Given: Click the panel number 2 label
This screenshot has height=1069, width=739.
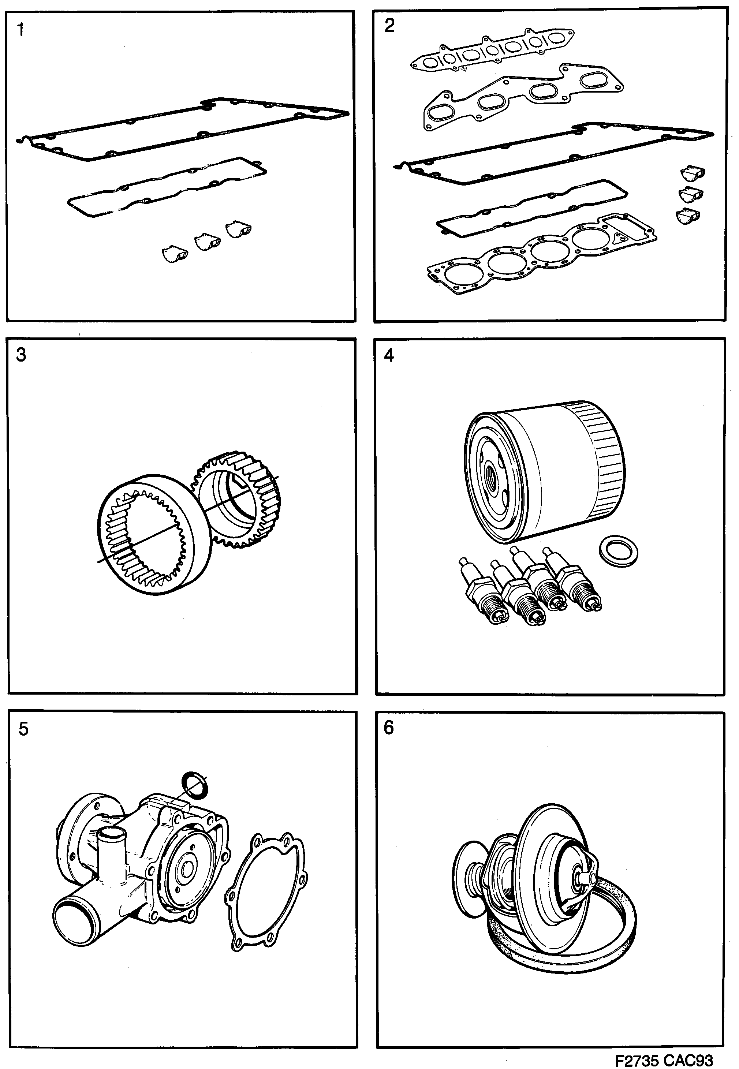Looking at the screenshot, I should pos(389,26).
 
